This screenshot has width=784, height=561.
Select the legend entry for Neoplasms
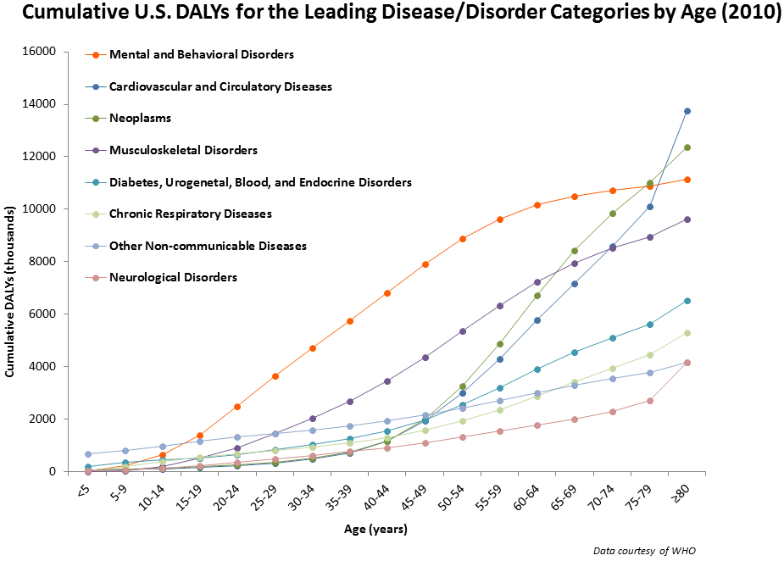(x=141, y=118)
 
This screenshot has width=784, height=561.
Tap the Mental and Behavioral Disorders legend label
(x=202, y=54)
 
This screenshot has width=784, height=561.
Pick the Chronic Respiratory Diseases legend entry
(x=191, y=214)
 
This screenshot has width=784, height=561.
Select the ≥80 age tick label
(x=682, y=494)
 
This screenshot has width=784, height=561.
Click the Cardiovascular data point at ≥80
(x=687, y=111)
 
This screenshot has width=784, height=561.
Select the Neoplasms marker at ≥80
(x=687, y=147)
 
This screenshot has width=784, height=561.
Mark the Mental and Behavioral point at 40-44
(x=387, y=293)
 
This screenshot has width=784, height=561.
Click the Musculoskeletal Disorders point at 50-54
(x=463, y=331)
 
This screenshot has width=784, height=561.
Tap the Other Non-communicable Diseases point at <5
(x=88, y=454)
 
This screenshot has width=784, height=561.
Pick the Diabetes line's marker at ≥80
(x=687, y=301)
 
